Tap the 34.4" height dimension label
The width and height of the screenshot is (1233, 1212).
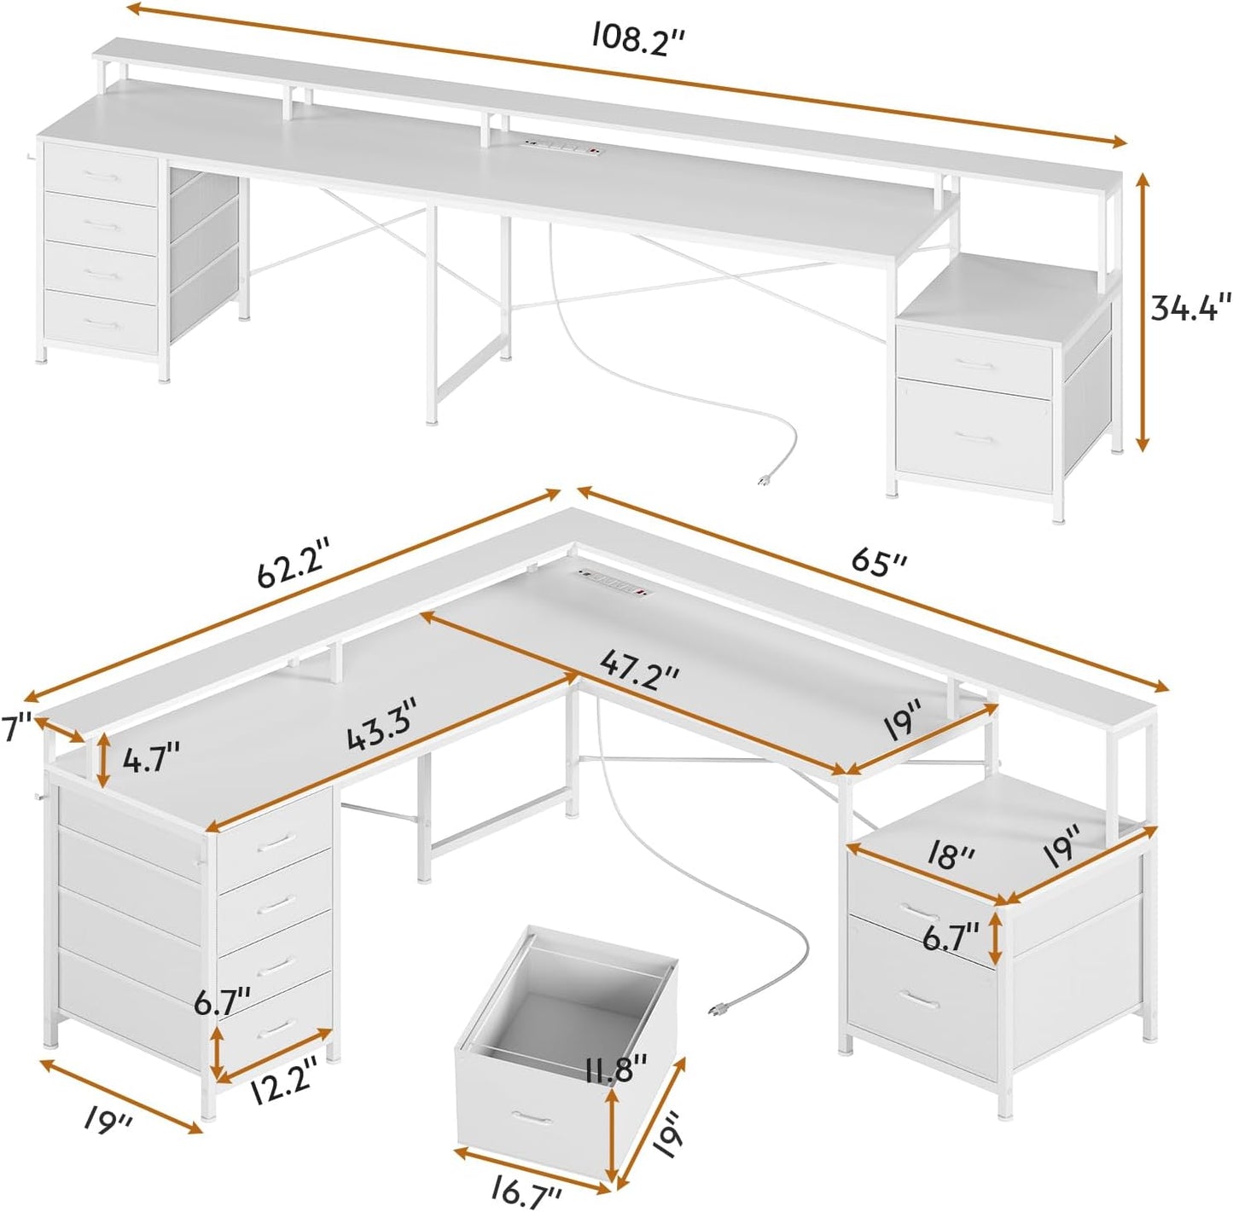click(x=1189, y=307)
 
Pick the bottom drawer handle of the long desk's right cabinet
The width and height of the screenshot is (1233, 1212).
click(x=975, y=437)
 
